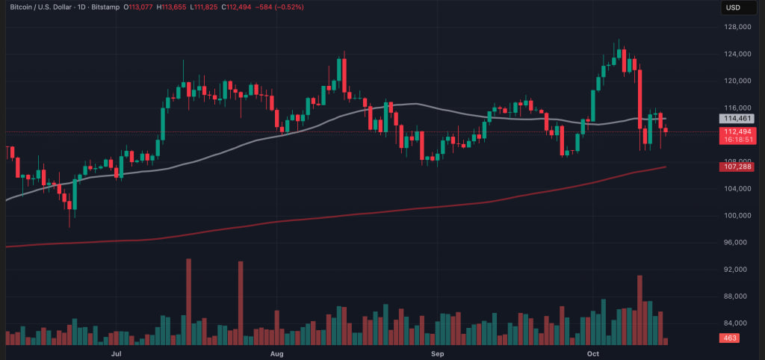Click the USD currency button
tap(733, 7)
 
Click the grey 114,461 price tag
tap(736, 118)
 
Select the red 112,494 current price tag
tap(736, 131)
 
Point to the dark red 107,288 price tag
tap(736, 167)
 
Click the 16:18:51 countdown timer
tap(736, 140)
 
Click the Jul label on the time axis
tap(117, 352)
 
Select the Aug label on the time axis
tap(276, 352)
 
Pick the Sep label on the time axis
tap(437, 352)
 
